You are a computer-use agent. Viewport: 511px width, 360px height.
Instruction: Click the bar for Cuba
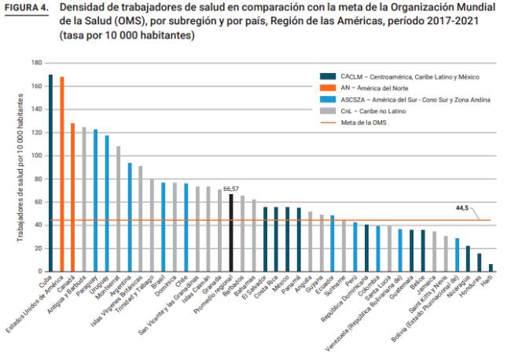tap(50, 173)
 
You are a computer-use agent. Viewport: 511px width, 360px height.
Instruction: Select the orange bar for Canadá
tap(73, 197)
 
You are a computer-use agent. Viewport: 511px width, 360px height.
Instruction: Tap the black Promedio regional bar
tap(231, 232)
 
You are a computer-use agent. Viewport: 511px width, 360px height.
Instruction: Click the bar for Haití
tap(491, 266)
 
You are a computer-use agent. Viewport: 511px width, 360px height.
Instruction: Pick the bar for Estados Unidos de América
tap(61, 174)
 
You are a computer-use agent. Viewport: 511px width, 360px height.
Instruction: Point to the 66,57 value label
tap(231, 189)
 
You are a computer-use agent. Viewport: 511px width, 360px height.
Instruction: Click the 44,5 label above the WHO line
tap(462, 208)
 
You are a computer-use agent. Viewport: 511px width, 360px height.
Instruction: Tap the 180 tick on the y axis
tap(36, 62)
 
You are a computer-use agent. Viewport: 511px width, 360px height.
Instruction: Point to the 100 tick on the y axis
tap(36, 155)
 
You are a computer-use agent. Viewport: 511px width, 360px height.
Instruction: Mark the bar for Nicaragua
tap(468, 258)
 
